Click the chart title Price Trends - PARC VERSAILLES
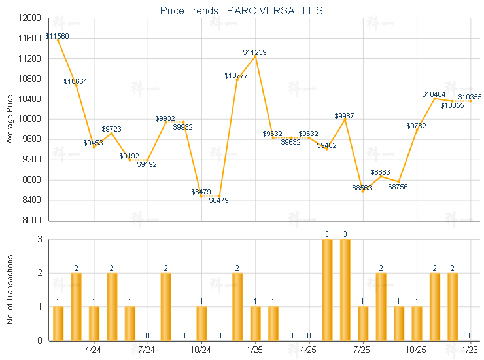click(x=241, y=11)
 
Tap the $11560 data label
click(x=58, y=36)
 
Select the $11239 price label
click(x=254, y=52)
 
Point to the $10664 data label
click(x=75, y=81)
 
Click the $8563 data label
click(x=362, y=188)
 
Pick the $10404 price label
click(x=434, y=95)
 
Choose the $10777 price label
click(x=236, y=75)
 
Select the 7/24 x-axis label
click(x=147, y=350)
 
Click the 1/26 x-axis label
click(x=470, y=350)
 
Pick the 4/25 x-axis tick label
click(x=308, y=350)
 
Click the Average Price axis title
click(x=9, y=119)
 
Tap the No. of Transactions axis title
click(x=9, y=289)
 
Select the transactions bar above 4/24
click(x=94, y=323)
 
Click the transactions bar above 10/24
click(x=201, y=323)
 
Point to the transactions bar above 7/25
click(x=363, y=323)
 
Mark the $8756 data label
click(x=398, y=187)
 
